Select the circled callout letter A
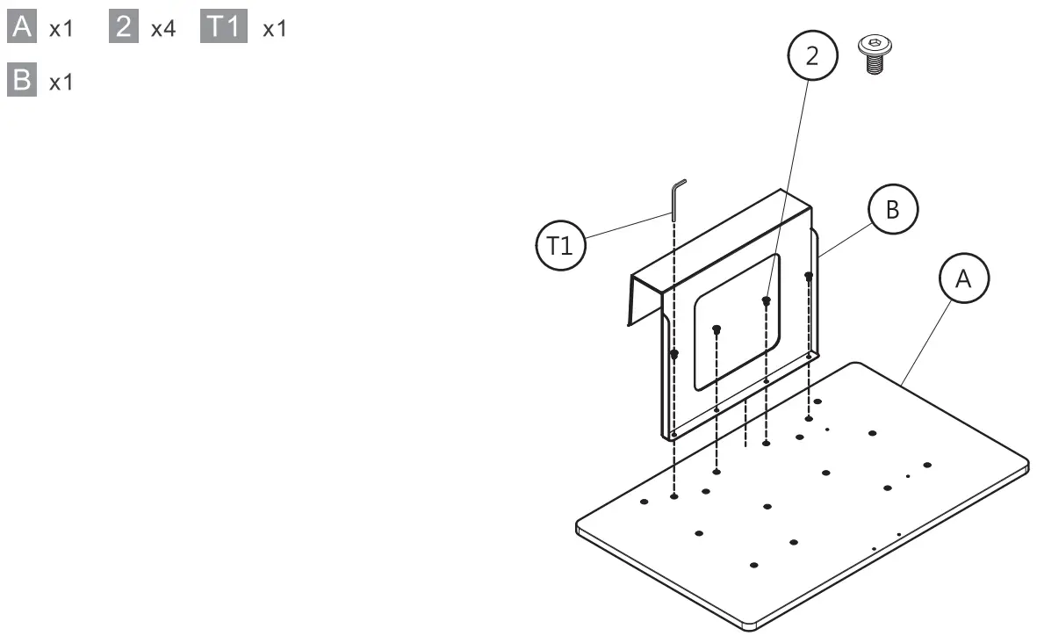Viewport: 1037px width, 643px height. pyautogui.click(x=963, y=278)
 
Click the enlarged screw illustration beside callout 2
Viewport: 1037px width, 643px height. pyautogui.click(x=872, y=54)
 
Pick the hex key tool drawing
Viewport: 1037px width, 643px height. pyautogui.click(x=675, y=199)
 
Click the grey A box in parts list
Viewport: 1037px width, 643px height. pyautogui.click(x=21, y=28)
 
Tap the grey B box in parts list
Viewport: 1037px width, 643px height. pyautogui.click(x=21, y=82)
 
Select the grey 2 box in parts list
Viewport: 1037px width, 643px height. pyautogui.click(x=125, y=28)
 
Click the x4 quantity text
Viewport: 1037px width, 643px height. pyautogui.click(x=164, y=29)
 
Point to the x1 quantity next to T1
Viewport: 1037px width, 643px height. pyautogui.click(x=275, y=29)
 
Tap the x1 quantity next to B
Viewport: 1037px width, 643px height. pyautogui.click(x=61, y=83)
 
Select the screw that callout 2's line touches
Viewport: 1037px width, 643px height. pyautogui.click(x=766, y=301)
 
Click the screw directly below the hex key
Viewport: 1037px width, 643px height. pyautogui.click(x=674, y=355)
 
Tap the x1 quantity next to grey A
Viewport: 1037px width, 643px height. pyautogui.click(x=61, y=29)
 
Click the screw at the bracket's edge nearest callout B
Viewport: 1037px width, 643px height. pyautogui.click(x=809, y=278)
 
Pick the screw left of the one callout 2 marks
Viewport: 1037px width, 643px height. pyautogui.click(x=717, y=329)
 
